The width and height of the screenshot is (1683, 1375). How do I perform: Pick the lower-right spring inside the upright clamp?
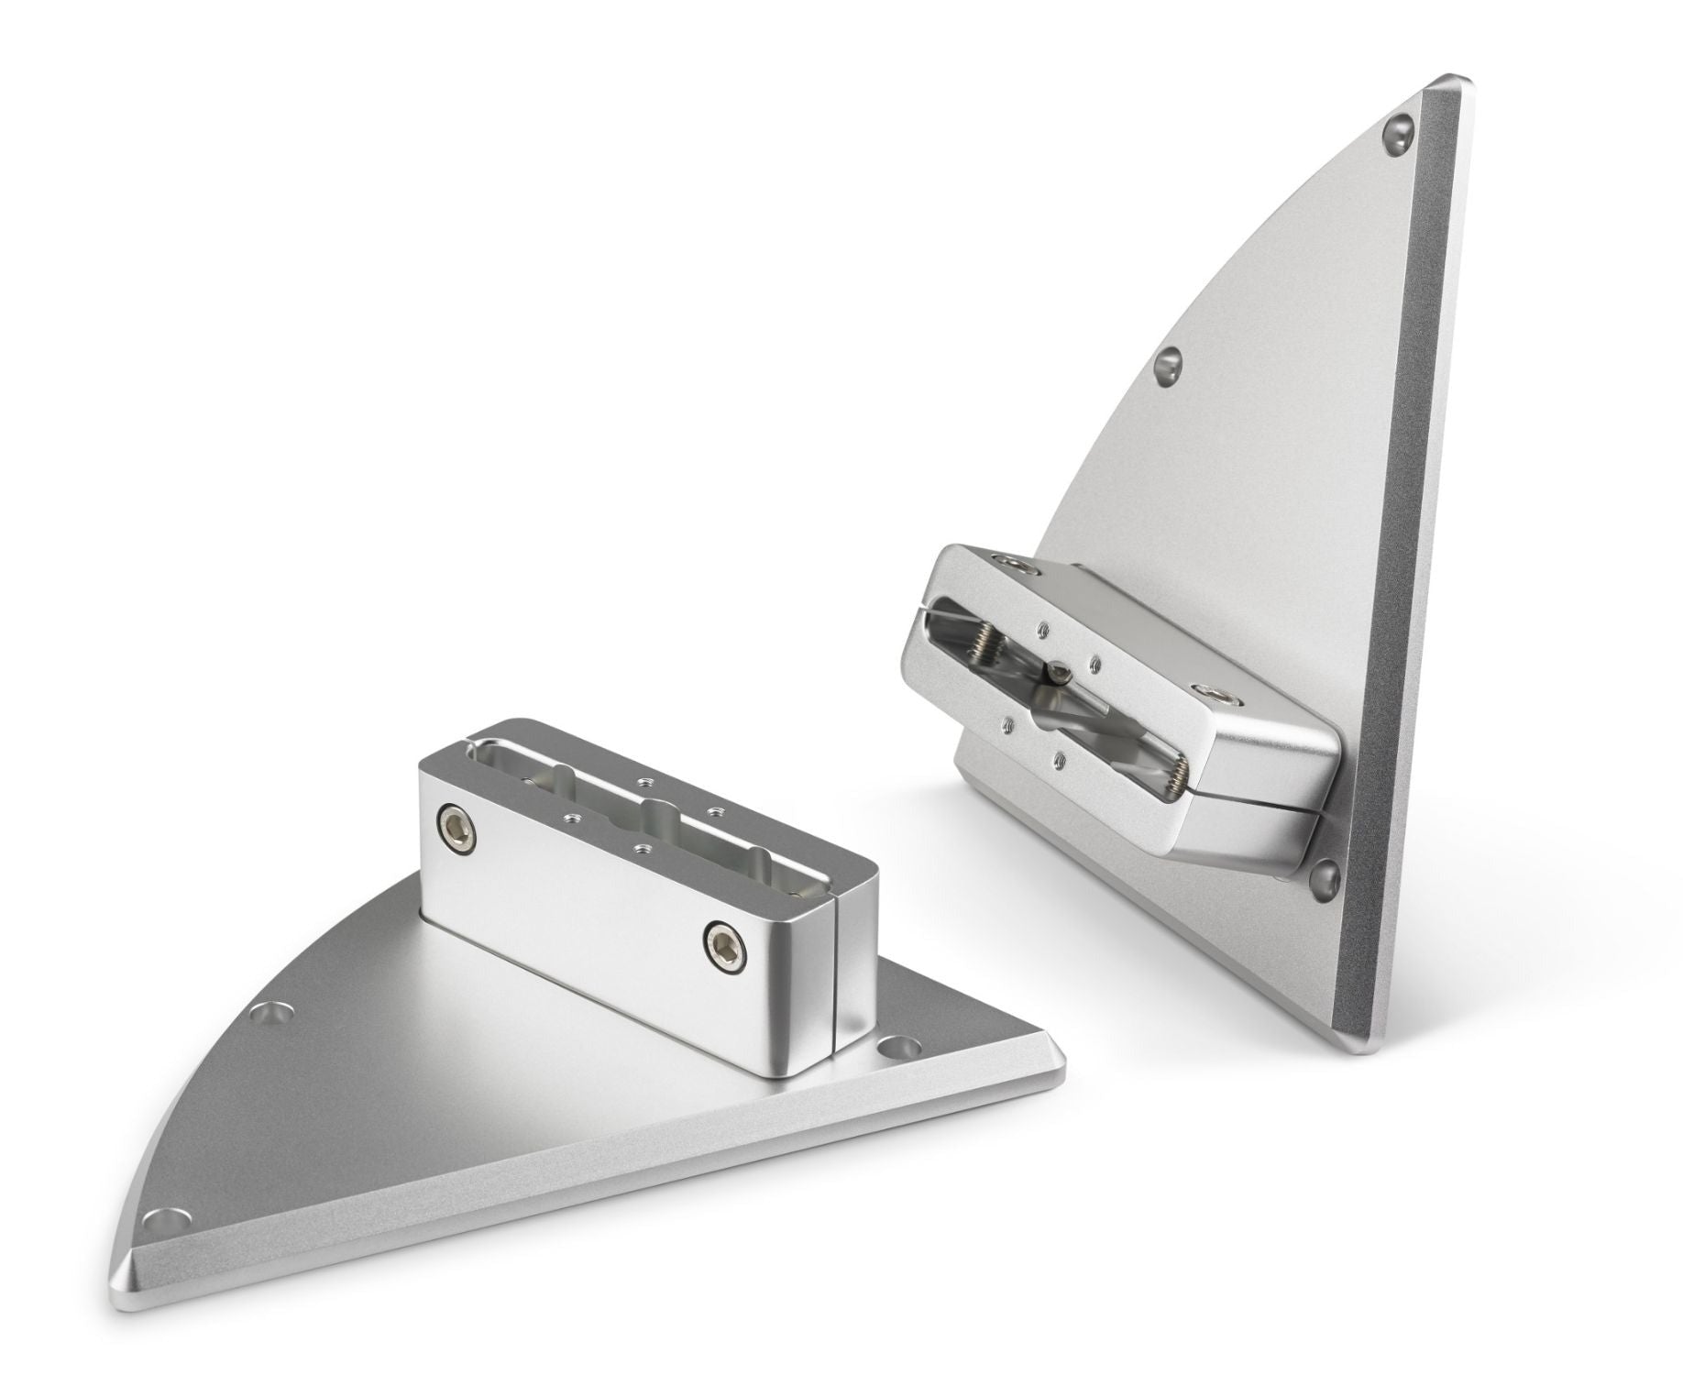(x=1173, y=768)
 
